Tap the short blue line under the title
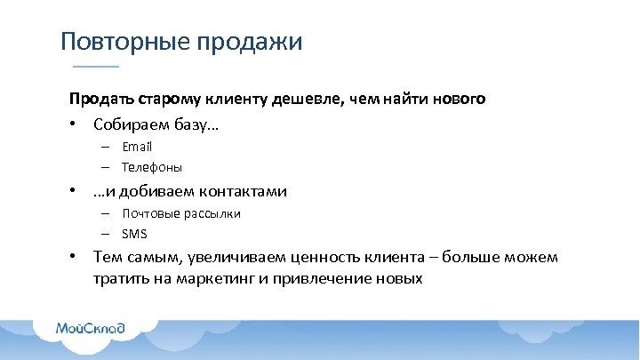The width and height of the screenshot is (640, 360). pos(95,68)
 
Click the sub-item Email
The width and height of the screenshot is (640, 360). pos(138,147)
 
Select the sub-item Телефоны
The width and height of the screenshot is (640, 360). pos(152,167)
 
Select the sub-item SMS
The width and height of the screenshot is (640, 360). pos(135,235)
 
